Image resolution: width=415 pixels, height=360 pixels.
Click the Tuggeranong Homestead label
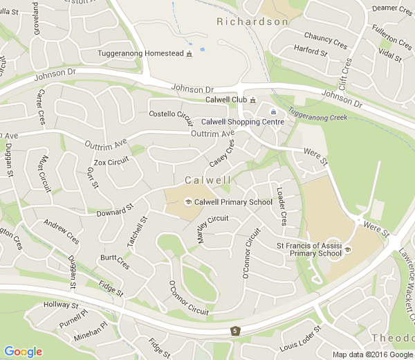(x=140, y=54)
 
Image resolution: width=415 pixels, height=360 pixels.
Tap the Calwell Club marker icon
(x=253, y=100)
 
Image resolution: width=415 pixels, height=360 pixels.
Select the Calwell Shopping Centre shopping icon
(x=273, y=111)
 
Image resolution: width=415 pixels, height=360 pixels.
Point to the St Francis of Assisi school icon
(x=348, y=249)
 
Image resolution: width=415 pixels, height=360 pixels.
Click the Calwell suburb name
(x=207, y=180)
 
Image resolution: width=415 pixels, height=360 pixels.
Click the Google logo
(x=23, y=351)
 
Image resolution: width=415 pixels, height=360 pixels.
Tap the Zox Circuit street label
(x=111, y=163)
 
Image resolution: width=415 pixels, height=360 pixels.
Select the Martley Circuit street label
(x=212, y=229)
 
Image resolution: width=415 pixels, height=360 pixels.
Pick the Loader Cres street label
(x=282, y=206)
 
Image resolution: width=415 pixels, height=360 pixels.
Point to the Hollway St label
(x=61, y=305)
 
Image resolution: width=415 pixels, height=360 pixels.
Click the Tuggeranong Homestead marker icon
(x=189, y=54)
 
